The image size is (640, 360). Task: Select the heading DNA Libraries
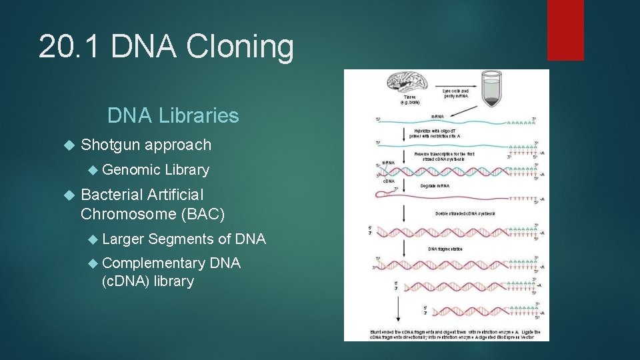pyautogui.click(x=173, y=115)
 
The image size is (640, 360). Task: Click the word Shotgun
pyautogui.click(x=110, y=145)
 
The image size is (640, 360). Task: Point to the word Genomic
pyautogui.click(x=131, y=170)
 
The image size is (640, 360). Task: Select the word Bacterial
pyautogui.click(x=111, y=195)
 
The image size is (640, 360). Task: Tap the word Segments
pyautogui.click(x=180, y=239)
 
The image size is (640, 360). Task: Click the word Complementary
pyautogui.click(x=154, y=263)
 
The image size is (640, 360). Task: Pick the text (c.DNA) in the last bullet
pyautogui.click(x=125, y=281)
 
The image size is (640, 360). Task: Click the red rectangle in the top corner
pyautogui.click(x=565, y=30)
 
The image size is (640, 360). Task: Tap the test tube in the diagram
pyautogui.click(x=492, y=89)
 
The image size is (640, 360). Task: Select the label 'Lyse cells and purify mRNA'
pyautogui.click(x=456, y=94)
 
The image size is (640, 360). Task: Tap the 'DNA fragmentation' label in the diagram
pyautogui.click(x=445, y=248)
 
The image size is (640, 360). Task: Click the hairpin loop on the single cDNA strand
pyautogui.click(x=381, y=195)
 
